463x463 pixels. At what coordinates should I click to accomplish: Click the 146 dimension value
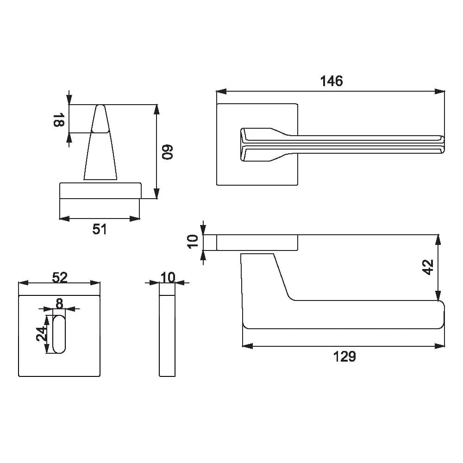coord(332,81)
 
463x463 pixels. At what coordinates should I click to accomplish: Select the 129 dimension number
coord(344,357)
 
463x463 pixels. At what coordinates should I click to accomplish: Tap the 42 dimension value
coord(428,267)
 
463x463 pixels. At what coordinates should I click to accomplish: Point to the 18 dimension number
coord(58,119)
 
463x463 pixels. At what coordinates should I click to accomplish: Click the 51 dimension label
coord(99,229)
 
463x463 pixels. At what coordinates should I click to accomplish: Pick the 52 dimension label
coord(60,277)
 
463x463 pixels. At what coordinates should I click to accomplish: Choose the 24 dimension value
coord(42,334)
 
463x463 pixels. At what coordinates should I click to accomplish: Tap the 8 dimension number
coord(59,303)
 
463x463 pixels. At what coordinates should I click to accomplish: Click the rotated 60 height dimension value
coord(167,152)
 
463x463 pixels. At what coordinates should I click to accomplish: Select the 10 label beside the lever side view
coord(193,242)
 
